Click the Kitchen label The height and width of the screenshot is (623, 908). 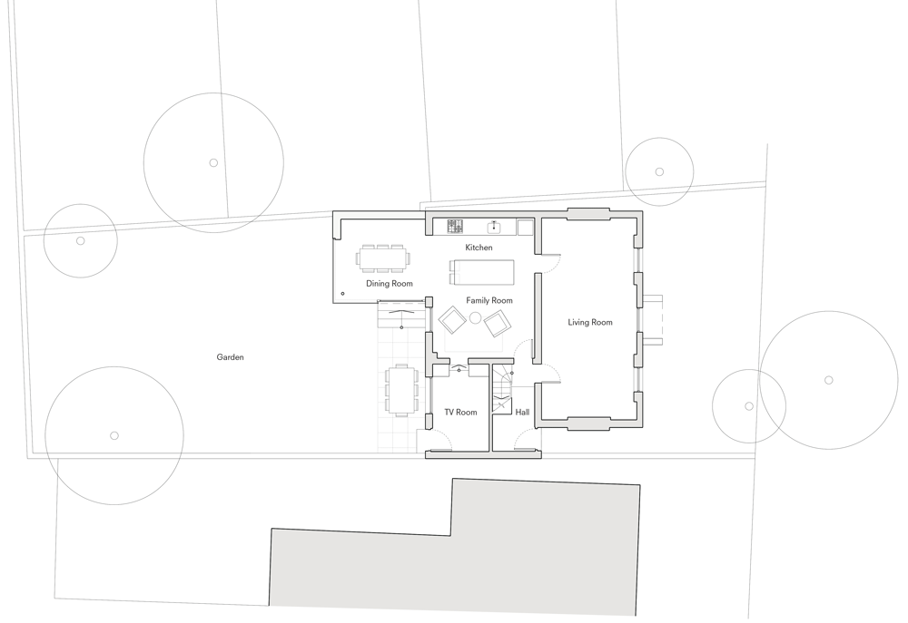(x=479, y=248)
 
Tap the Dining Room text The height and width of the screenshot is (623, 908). (x=390, y=284)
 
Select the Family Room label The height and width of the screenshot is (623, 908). (x=489, y=300)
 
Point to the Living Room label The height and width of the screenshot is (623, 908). (x=590, y=322)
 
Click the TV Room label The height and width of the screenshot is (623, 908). (x=460, y=412)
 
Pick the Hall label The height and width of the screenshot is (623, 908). (x=522, y=412)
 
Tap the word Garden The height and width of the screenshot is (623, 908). (x=230, y=357)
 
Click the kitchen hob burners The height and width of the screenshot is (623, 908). (x=455, y=226)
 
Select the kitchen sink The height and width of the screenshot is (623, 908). (x=494, y=226)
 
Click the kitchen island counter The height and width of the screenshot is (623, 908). (x=482, y=272)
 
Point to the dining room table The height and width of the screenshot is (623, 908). (x=382, y=258)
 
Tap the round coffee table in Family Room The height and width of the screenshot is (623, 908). (x=476, y=317)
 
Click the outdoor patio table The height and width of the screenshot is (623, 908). (x=400, y=390)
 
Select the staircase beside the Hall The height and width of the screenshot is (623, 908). (x=502, y=388)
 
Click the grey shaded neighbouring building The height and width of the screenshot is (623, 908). (x=455, y=550)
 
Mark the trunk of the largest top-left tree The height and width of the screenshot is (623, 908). (x=213, y=163)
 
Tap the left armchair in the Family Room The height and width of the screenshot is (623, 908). (x=452, y=320)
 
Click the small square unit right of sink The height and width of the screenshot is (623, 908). (x=525, y=227)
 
